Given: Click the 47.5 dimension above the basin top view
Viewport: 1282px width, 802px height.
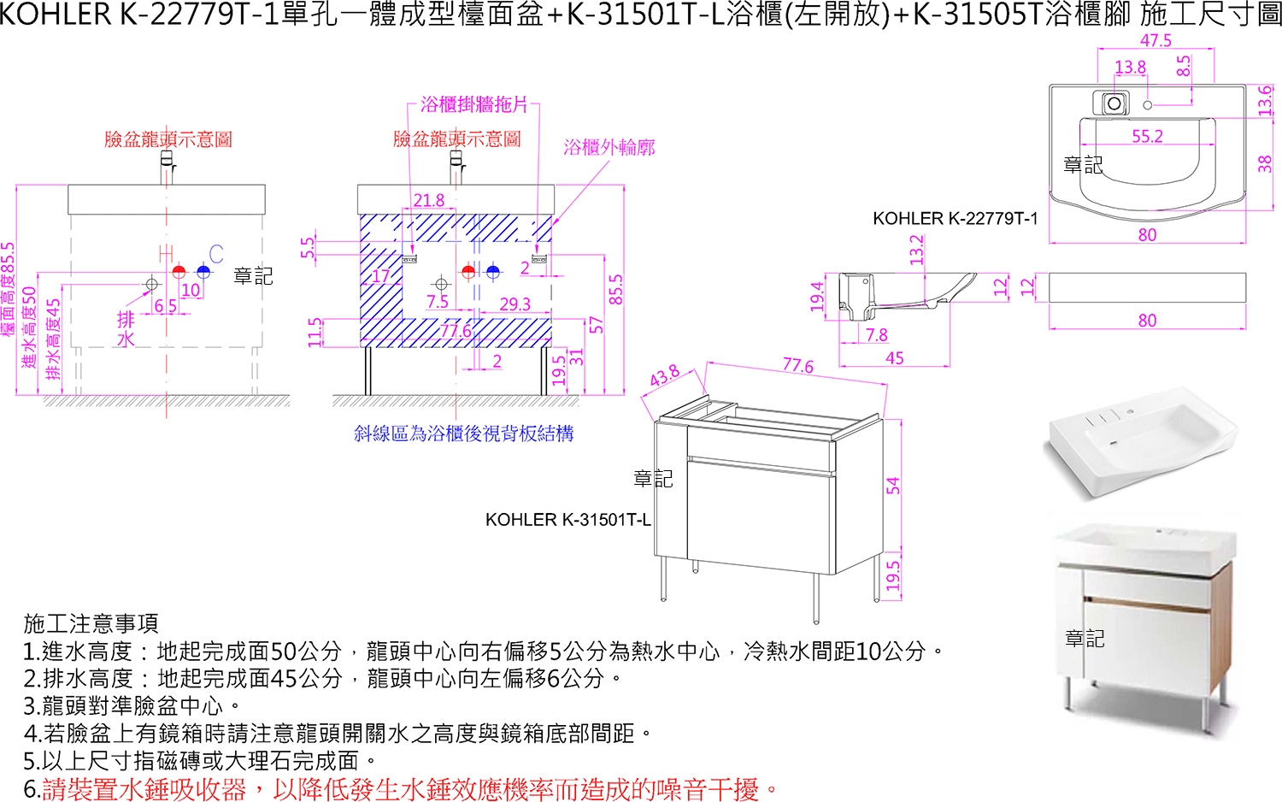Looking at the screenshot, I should (1156, 40).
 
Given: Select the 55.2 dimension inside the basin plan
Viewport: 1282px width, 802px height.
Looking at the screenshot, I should (1147, 137).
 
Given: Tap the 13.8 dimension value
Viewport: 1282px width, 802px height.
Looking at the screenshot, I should (1130, 67).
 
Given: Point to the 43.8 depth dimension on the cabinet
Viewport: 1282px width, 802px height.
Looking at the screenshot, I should (665, 375).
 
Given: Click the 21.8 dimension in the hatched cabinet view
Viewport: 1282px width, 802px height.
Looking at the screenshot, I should (429, 200).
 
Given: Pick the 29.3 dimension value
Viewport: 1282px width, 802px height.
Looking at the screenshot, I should (515, 304).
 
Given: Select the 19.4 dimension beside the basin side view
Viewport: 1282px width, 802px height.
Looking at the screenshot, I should (817, 296).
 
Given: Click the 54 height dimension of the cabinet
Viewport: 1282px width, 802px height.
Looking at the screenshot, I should (893, 486).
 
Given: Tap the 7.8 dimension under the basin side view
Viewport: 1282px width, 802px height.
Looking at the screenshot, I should (876, 335).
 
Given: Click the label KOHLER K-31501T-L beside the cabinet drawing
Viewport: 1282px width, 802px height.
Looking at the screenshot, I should (567, 520).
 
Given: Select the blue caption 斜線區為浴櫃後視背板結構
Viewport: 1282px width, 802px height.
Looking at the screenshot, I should (464, 434).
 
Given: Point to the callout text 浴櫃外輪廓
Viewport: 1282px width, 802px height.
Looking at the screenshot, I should (609, 148).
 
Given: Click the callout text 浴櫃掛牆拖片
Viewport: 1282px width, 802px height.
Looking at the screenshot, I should (474, 104).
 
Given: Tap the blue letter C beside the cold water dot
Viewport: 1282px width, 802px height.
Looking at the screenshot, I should (216, 254).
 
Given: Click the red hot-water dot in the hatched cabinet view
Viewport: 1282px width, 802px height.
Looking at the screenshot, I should (468, 272).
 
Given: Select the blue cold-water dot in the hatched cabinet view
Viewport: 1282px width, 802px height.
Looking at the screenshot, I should (493, 272).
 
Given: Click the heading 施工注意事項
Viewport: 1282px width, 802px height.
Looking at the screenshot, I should (91, 623).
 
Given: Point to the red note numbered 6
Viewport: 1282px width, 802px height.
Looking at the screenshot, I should (402, 789).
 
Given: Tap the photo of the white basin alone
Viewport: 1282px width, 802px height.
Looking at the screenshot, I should (1139, 442).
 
